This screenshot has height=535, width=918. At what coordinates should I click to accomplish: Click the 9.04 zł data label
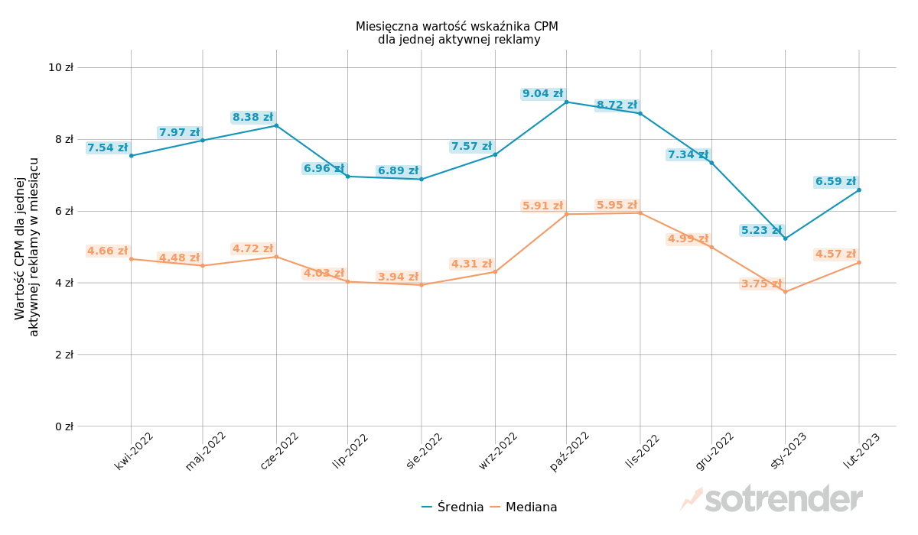pyautogui.click(x=542, y=94)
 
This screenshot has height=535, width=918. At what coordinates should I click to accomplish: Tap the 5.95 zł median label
pyautogui.click(x=617, y=206)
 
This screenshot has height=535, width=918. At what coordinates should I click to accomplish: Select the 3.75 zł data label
pyautogui.click(x=761, y=284)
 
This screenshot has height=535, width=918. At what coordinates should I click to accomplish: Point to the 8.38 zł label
pyautogui.click(x=252, y=118)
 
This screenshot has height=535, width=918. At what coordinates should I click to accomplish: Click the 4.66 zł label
pyautogui.click(x=107, y=251)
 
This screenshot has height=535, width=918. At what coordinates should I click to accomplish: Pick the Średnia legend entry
pyautogui.click(x=453, y=507)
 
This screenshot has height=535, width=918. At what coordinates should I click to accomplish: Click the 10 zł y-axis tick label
pyautogui.click(x=60, y=67)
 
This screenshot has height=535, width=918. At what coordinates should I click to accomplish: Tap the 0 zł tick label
pyautogui.click(x=63, y=426)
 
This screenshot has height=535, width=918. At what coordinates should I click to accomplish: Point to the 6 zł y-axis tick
pyautogui.click(x=63, y=211)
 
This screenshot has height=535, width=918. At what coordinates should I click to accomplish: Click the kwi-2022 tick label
pyautogui.click(x=134, y=451)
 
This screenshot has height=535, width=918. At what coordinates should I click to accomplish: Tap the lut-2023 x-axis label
pyautogui.click(x=861, y=451)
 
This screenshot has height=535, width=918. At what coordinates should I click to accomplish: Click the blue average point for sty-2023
pyautogui.click(x=785, y=238)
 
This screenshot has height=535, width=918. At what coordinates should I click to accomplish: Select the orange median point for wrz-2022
pyautogui.click(x=495, y=271)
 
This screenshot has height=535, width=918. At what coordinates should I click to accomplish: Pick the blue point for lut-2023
pyautogui.click(x=859, y=190)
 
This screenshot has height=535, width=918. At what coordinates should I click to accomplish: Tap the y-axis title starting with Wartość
pyautogui.click(x=27, y=246)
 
